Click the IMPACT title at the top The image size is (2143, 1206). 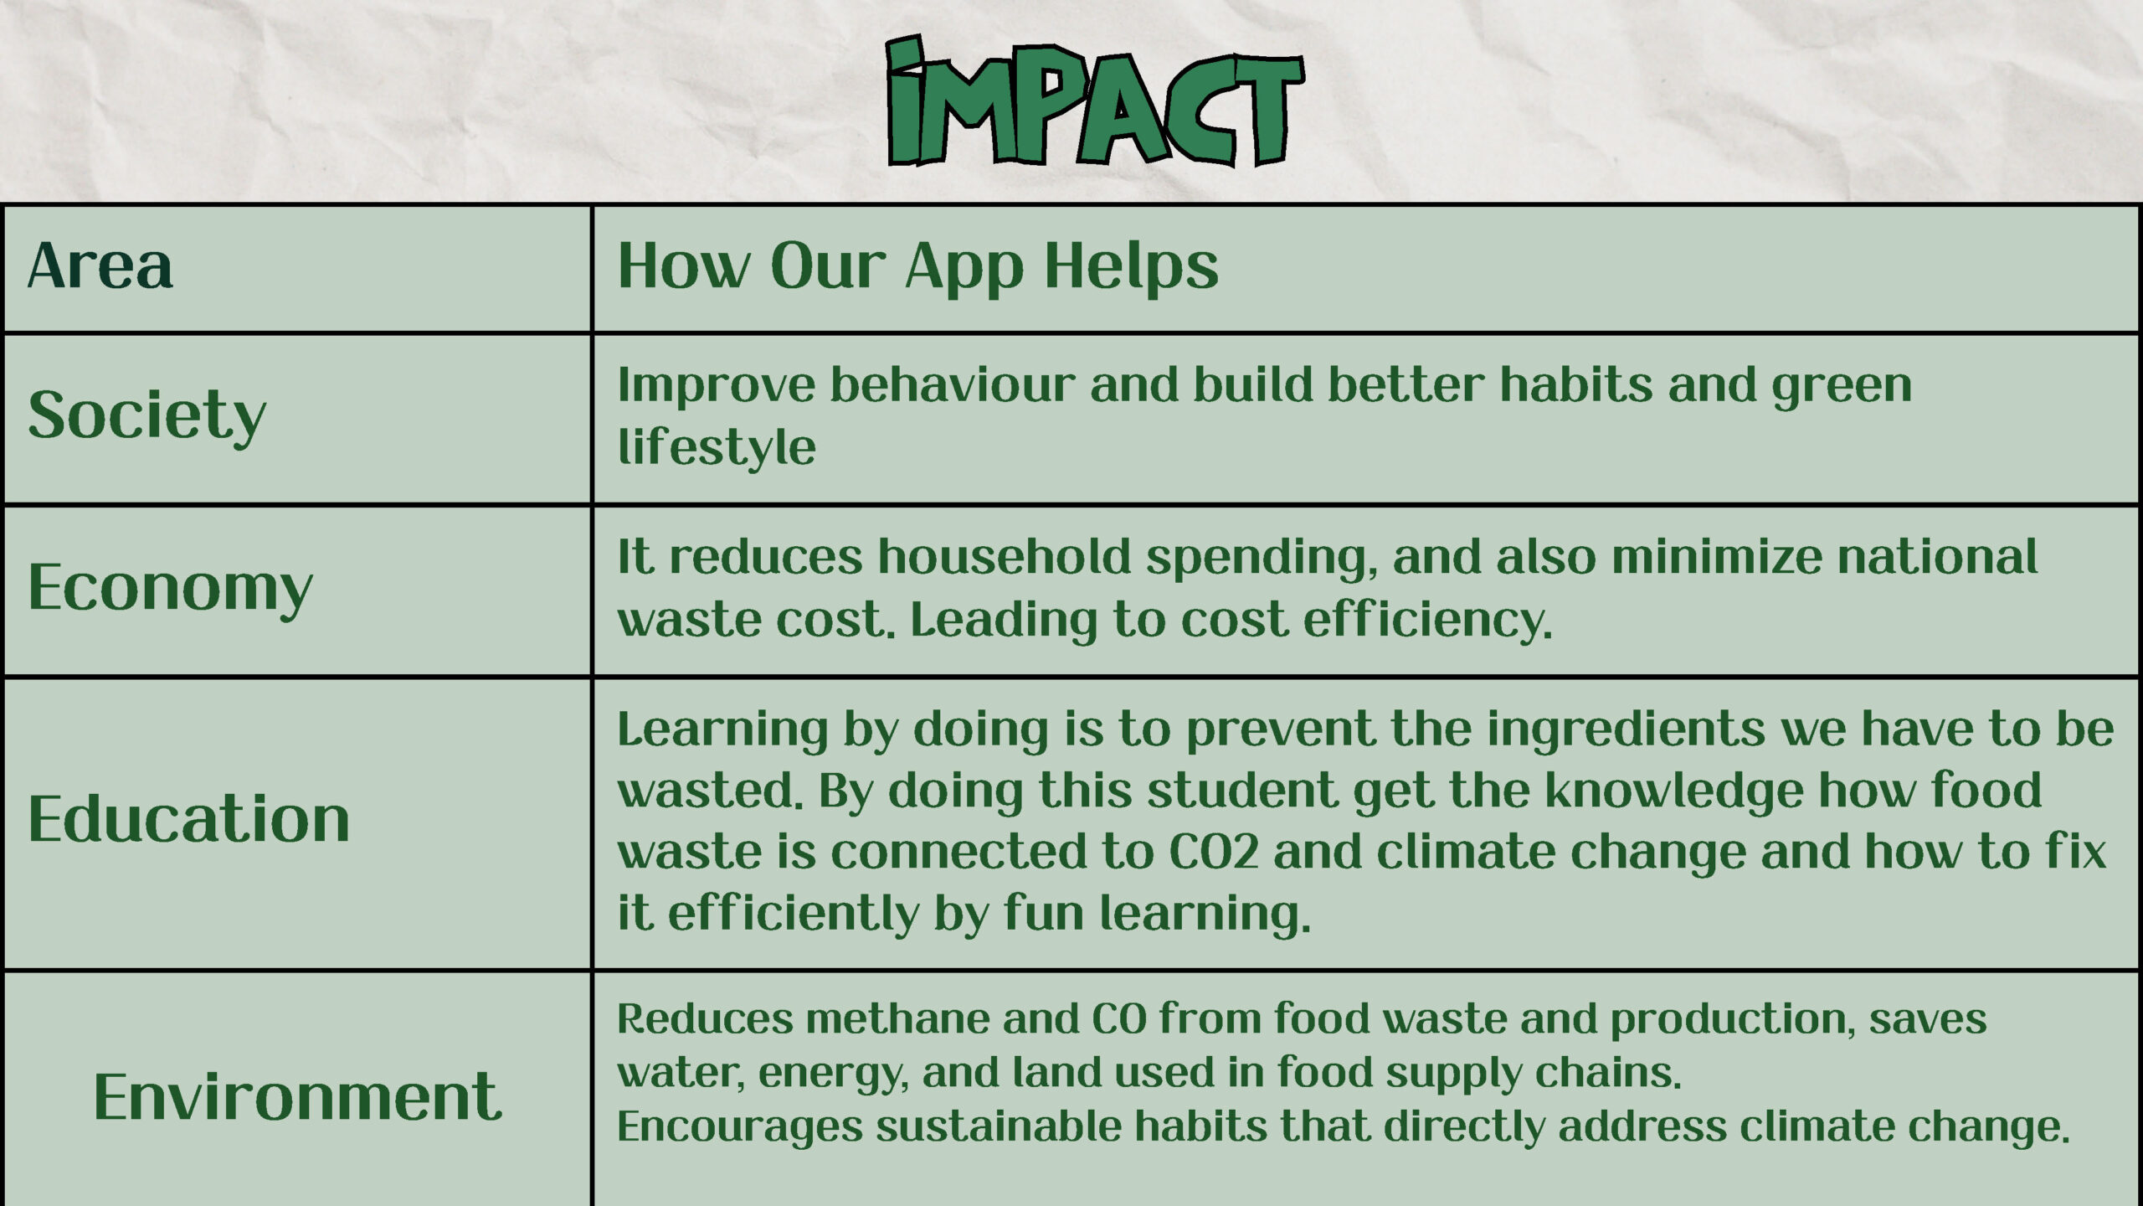1095,100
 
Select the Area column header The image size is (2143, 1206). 100,265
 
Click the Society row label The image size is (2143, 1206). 147,416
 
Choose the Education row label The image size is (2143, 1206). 189,818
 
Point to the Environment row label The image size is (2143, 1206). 298,1096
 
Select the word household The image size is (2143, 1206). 1005,557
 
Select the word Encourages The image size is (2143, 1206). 740,1127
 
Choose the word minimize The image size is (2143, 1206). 1716,557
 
